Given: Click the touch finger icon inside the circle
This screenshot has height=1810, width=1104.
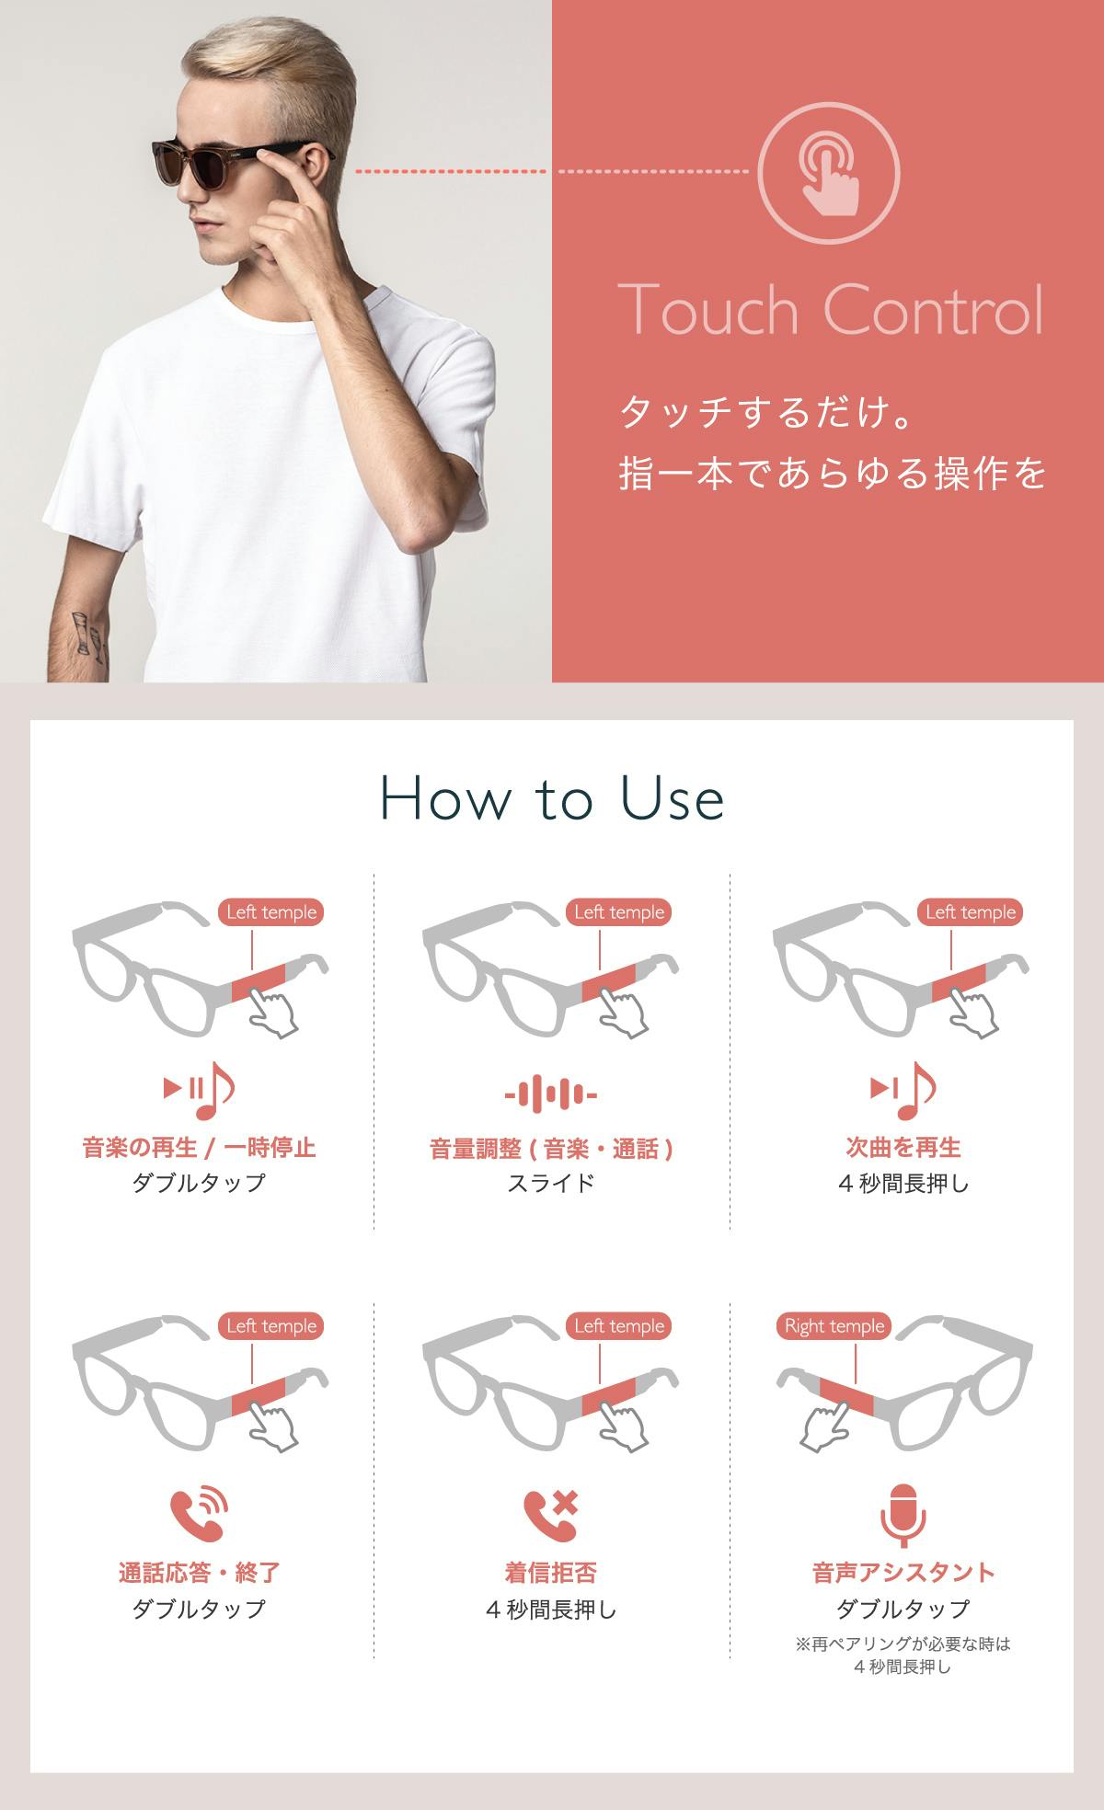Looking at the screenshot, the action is pos(830,172).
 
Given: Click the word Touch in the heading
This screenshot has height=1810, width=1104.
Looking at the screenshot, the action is pos(707,310).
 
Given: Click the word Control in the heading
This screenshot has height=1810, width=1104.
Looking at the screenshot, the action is pos(933,310).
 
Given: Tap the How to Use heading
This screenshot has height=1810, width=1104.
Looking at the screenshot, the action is pos(552,799).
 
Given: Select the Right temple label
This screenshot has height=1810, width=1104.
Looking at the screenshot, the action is pos(834,1326).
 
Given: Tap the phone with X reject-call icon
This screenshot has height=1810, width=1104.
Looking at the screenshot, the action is pos(551,1515).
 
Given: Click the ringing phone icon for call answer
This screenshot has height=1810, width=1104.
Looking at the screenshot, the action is pos(199,1515).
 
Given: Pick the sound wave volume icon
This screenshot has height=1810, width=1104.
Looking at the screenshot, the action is pos(551,1094).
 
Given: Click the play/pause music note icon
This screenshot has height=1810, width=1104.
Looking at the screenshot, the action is pos(199,1090).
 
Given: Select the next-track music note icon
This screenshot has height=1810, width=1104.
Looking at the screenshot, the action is pos(903,1090).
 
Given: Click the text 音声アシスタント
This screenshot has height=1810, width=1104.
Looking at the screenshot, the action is pos(903,1573).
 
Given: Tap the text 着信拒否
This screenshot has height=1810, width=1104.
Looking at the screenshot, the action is pos(551,1573).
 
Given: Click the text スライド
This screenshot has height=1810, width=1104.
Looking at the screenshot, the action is pos(551,1183).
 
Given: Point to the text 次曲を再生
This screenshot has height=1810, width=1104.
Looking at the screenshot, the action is pos(903,1148).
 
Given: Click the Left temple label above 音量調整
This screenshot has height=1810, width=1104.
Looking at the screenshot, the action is pos(618,912).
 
